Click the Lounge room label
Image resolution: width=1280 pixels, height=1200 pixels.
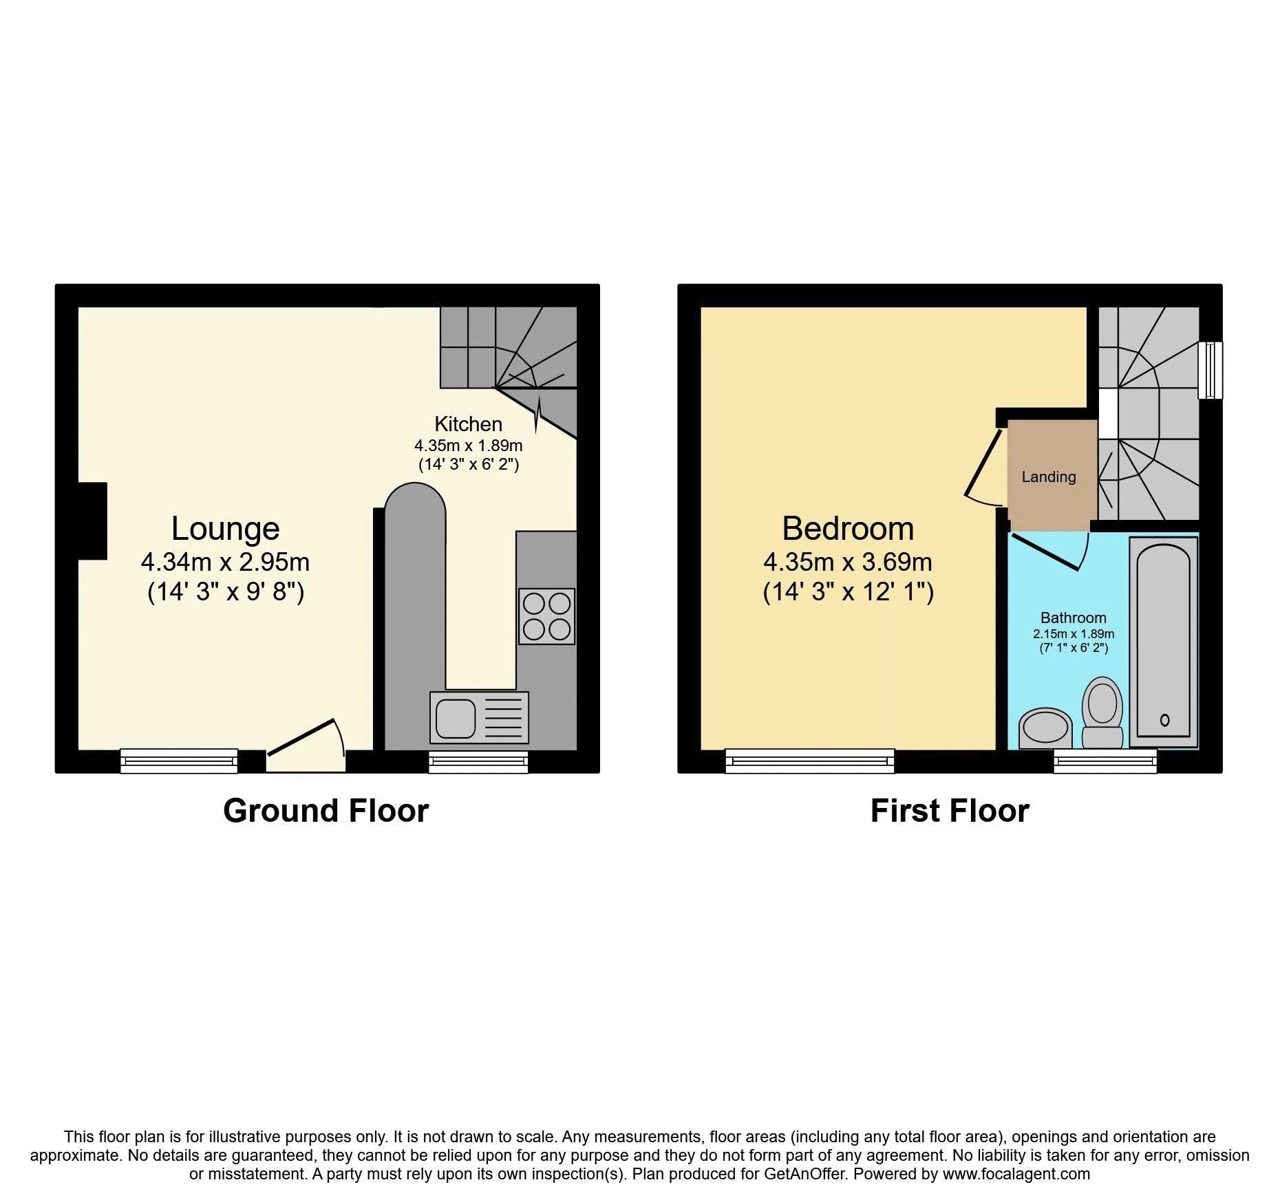pos(225,529)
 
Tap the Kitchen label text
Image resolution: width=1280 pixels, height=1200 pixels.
pos(468,424)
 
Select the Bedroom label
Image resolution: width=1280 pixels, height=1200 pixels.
pos(848,529)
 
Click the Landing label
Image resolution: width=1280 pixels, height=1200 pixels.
pos(1049,477)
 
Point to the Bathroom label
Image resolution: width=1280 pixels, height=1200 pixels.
pos(1073,618)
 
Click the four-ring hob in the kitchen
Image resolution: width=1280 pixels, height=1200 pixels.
pos(546,616)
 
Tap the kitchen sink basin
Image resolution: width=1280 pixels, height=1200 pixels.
pos(455,718)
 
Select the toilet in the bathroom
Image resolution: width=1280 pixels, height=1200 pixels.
pos(1102,712)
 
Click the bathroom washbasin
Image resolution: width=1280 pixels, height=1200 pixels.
pos(1045,728)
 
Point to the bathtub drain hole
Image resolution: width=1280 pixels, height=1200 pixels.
pos(1164,720)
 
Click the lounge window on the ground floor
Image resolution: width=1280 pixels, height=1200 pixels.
pos(179,761)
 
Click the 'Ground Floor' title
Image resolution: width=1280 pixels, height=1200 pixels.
pos(326,811)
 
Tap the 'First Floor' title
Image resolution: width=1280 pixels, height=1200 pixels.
pos(949,811)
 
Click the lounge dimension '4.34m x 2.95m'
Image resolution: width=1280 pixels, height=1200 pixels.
pos(225,562)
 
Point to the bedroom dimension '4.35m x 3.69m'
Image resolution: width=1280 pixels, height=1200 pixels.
pos(848,562)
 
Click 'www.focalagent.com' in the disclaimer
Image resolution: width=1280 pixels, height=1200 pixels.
pos(1016,1173)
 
